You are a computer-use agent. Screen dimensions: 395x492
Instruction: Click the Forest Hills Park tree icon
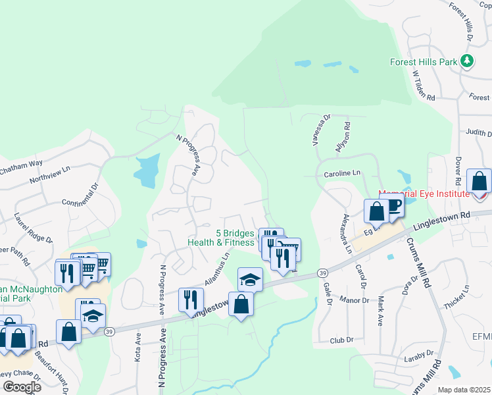467,61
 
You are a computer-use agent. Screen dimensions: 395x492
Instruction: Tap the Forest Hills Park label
423,62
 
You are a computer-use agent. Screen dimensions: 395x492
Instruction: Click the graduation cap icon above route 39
250,279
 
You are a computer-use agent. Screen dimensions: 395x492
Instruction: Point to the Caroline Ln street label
343,173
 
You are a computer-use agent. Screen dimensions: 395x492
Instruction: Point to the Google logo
21,387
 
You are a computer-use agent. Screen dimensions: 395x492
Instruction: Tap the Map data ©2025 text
464,390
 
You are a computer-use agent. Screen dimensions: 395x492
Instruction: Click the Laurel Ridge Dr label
31,226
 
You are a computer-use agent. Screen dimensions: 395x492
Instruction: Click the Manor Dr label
356,300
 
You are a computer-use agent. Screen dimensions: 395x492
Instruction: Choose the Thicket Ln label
457,293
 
